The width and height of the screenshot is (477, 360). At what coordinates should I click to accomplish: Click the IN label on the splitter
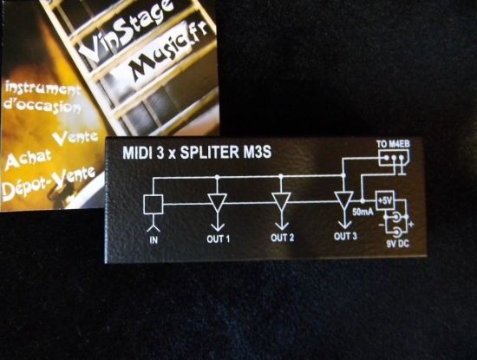[x=154, y=240]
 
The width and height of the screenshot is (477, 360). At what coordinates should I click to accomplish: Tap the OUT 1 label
[x=218, y=239]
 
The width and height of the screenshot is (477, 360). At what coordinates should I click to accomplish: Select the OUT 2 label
[x=283, y=238]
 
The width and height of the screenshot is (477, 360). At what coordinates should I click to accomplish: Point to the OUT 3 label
[x=345, y=237]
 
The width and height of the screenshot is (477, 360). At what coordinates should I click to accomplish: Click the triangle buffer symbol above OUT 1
[x=218, y=202]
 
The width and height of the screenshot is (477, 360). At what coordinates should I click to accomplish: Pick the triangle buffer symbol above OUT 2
[x=281, y=201]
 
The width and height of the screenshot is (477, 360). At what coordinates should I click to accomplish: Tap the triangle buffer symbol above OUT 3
[x=344, y=200]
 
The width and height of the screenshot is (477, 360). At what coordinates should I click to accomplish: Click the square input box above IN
[x=153, y=204]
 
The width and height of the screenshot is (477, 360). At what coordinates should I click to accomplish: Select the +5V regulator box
[x=385, y=200]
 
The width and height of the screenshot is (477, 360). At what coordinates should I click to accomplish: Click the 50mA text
[x=363, y=213]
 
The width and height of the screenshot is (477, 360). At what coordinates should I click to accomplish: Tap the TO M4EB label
[x=393, y=144]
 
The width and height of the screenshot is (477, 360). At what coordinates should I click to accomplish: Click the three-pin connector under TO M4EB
[x=394, y=158]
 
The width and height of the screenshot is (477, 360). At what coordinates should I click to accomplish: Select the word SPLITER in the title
[x=209, y=153]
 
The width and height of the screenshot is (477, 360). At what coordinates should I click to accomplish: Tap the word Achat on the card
[x=29, y=159]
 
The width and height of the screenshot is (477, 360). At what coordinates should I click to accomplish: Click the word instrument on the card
[x=43, y=88]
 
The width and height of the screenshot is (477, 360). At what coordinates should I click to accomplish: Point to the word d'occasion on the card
[x=42, y=106]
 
